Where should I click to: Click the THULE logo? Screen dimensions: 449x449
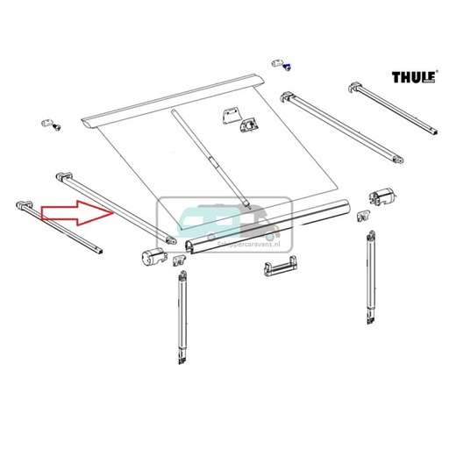(413, 78)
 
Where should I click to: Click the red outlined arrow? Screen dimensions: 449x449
(78, 211)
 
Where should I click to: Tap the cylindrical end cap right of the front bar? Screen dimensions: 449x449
(383, 196)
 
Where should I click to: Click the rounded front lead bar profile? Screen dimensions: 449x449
(272, 226)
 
